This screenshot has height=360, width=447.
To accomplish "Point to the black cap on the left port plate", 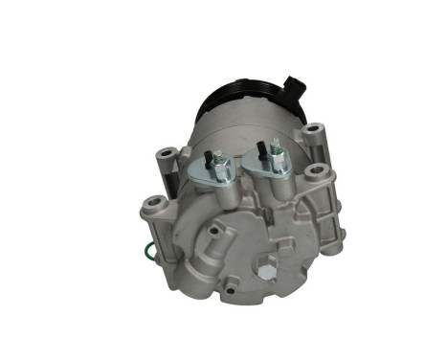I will tap(207, 153).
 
